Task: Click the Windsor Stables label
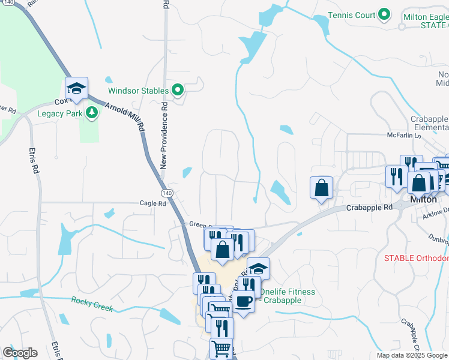(138, 91)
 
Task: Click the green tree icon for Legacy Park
(91, 112)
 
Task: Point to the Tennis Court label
(352, 15)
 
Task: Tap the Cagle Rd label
(153, 203)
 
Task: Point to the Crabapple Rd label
(369, 208)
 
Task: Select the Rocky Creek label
(92, 304)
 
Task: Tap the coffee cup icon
(244, 301)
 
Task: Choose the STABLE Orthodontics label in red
(417, 258)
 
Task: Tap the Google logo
(20, 353)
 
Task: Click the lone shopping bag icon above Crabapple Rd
(322, 187)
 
